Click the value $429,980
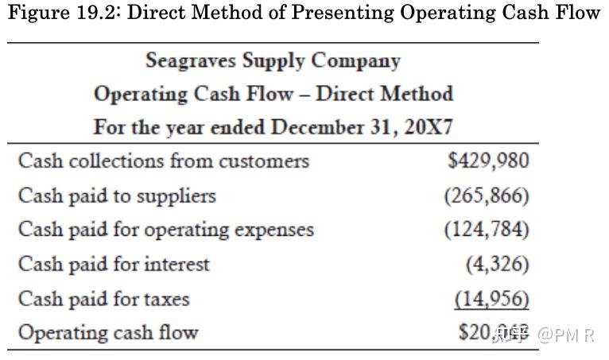[x=488, y=161]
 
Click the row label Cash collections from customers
[x=163, y=161]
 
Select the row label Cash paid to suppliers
[x=117, y=195]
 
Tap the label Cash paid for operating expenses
[x=165, y=230]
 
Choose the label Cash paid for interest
[x=114, y=264]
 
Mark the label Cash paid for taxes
[x=103, y=299]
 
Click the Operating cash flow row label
[x=108, y=332]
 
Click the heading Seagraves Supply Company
[x=273, y=60]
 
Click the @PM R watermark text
[x=566, y=334]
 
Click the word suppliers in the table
[x=177, y=195]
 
